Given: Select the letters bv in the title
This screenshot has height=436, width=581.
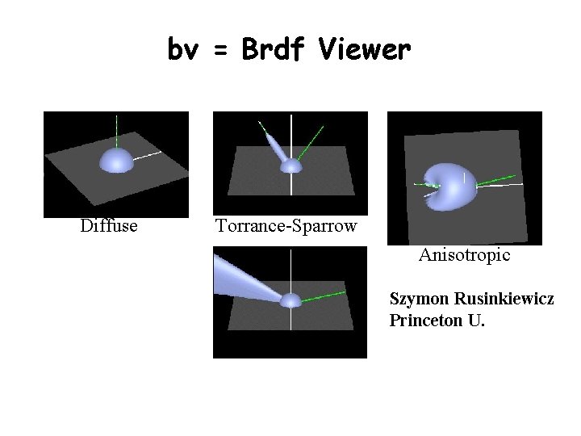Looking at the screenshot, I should [x=185, y=50].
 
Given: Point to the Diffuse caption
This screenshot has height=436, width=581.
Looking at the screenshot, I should [x=109, y=226].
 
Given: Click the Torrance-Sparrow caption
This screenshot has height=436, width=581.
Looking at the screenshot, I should [x=286, y=226].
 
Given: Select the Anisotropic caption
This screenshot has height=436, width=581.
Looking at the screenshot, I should [x=464, y=255].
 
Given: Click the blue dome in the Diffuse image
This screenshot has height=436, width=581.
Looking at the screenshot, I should [x=116, y=160].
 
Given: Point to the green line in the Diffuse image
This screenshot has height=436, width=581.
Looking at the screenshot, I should [x=117, y=129].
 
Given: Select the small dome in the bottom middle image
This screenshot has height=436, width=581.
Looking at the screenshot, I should [x=290, y=300].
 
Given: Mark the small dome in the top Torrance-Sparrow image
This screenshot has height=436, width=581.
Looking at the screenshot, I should [x=290, y=166].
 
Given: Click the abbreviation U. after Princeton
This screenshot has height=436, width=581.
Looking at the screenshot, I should [x=476, y=321].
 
